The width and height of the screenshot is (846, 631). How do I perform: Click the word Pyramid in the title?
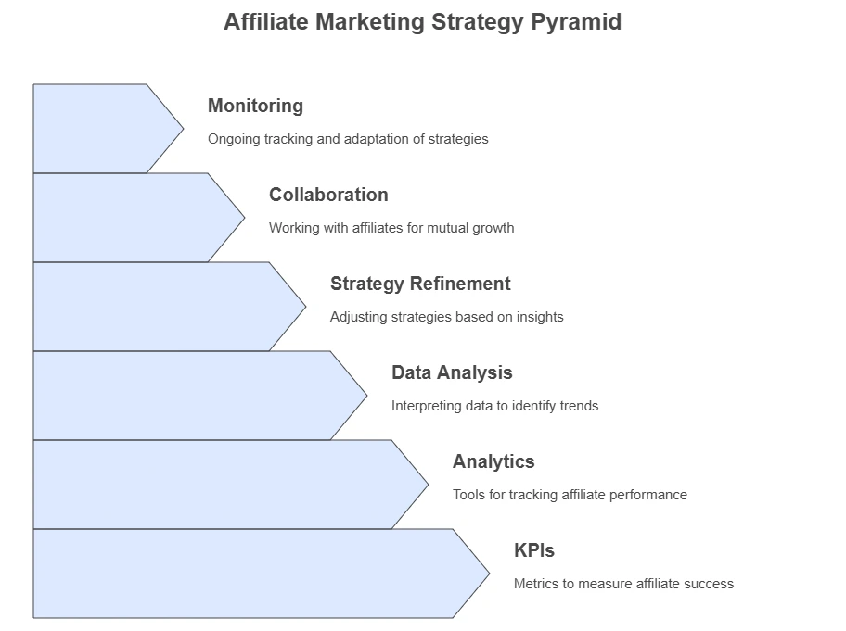(576, 23)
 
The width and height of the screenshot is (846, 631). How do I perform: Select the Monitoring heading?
(255, 107)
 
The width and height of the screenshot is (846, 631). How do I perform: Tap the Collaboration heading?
(328, 195)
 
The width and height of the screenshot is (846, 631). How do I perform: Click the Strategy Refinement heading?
(420, 284)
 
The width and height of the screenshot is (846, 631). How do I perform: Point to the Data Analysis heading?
(452, 372)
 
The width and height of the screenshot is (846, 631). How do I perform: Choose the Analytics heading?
(493, 461)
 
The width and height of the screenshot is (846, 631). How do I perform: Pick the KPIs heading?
(534, 550)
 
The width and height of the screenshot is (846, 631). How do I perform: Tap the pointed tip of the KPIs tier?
(490, 574)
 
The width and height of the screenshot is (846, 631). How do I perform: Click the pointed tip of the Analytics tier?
(429, 485)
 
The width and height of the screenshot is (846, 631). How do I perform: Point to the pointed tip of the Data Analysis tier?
(367, 396)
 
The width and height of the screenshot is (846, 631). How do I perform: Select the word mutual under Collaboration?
(447, 228)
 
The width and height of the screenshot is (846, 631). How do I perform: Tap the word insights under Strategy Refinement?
(540, 317)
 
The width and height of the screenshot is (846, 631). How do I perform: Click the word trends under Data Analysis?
(579, 406)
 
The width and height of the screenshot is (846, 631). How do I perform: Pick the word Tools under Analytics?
(468, 495)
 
